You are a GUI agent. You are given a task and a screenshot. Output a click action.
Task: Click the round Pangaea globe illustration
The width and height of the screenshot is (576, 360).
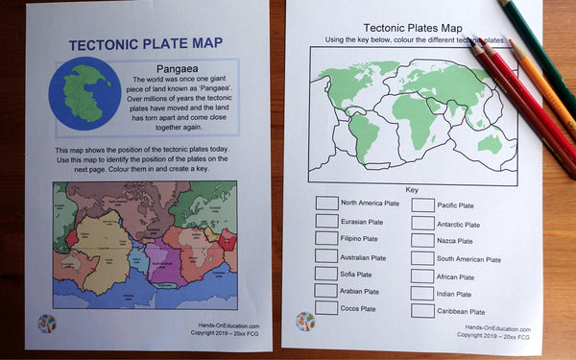click(88, 94)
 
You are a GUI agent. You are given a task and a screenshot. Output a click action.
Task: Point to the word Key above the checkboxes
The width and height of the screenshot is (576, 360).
click(412, 189)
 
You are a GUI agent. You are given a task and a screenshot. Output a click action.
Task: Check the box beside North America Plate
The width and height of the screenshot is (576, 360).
click(326, 204)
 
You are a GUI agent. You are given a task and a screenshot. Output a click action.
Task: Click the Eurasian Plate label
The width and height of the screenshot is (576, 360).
click(365, 221)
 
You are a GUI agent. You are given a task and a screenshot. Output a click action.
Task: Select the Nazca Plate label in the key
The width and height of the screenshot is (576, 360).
click(454, 241)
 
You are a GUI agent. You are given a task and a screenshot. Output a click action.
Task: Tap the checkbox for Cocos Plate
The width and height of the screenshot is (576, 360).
click(326, 308)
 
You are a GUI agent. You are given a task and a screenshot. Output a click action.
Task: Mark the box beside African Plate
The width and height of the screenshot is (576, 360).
click(422, 276)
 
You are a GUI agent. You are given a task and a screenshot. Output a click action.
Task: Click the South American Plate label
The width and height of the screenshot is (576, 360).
click(468, 259)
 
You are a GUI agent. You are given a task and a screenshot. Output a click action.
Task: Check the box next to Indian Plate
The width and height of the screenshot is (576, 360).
click(422, 294)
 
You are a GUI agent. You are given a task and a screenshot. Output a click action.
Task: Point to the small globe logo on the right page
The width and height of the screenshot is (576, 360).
click(305, 321)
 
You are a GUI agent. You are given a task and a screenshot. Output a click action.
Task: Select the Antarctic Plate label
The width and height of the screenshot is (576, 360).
click(459, 224)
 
